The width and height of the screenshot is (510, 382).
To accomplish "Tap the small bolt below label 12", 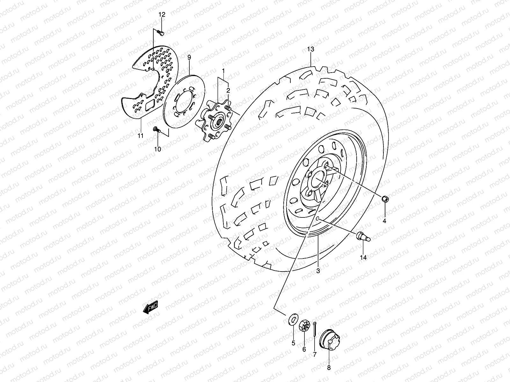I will (x=161, y=32).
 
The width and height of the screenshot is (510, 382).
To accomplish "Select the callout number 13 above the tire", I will (x=310, y=49).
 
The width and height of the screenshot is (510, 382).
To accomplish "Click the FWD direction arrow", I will (x=150, y=308).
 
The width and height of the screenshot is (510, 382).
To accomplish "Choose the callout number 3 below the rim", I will (x=318, y=271).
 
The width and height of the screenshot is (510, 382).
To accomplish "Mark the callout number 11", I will (x=140, y=136).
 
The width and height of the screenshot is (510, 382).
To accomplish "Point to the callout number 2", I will (x=228, y=90).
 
